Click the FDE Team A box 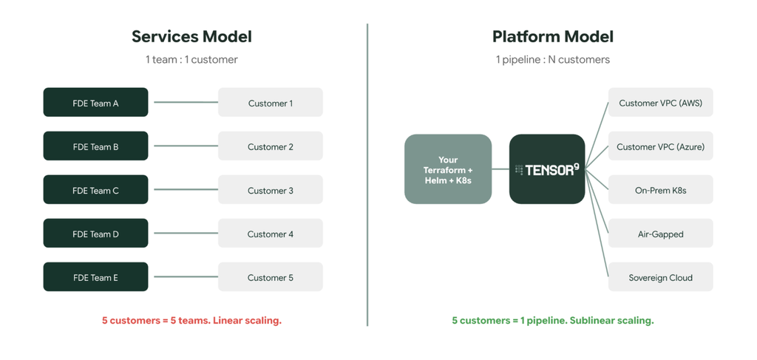[95, 102]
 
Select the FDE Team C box [95, 190]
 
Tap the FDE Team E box [95, 277]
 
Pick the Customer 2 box [271, 146]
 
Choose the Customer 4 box [271, 234]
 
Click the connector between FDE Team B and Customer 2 [186, 146]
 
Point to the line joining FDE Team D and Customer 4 [186, 234]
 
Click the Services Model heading [191, 37]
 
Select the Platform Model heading [553, 37]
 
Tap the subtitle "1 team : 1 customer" [191, 60]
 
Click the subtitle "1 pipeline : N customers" [553, 60]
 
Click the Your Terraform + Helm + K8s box [448, 169]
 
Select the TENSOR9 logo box [547, 169]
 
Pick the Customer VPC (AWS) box [660, 102]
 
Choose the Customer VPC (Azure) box [660, 146]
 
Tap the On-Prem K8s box [660, 190]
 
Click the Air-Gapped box [660, 234]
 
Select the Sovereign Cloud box [660, 277]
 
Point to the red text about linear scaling [191, 320]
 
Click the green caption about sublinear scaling [553, 320]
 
